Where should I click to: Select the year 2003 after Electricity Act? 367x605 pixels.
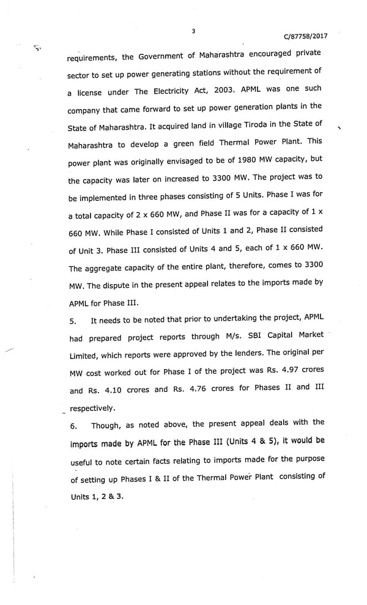pos(224,89)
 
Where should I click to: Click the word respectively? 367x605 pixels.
pos(92,408)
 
